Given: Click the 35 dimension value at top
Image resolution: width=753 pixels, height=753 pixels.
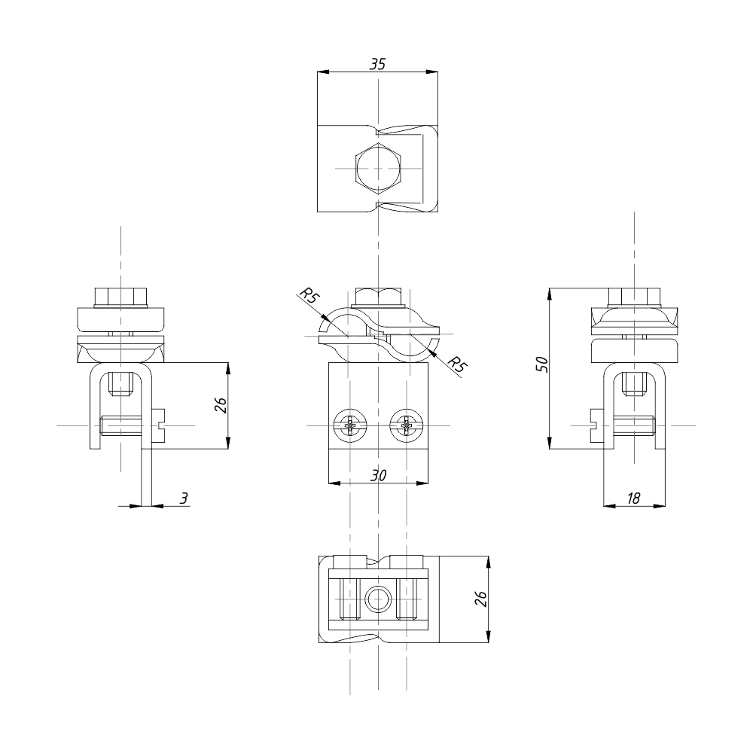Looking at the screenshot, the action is click(x=377, y=64).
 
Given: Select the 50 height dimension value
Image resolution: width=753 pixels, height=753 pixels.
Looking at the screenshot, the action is click(x=541, y=364).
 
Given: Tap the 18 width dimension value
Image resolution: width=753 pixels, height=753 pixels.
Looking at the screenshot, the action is click(x=633, y=498).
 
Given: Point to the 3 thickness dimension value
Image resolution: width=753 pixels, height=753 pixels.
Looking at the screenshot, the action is click(x=184, y=498).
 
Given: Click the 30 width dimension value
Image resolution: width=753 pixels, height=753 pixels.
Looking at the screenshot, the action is click(x=379, y=475).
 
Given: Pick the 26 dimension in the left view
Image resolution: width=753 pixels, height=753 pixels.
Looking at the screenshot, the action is click(x=221, y=405).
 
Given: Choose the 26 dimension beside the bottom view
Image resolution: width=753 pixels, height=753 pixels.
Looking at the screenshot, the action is click(x=480, y=599).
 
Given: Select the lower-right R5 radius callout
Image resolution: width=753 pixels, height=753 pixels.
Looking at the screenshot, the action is click(x=457, y=365).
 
